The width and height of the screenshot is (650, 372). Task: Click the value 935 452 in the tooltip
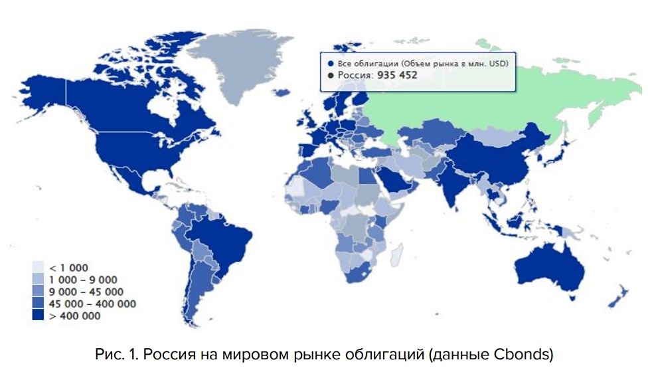pos(397,75)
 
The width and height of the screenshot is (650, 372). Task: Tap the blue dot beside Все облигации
pos(331,63)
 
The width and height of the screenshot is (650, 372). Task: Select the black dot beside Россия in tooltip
pos(331,75)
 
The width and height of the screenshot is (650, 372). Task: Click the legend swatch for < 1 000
pos(39,268)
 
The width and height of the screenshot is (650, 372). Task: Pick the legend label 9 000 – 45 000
pos(87,292)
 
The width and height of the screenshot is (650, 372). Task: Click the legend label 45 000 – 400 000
pos(93,304)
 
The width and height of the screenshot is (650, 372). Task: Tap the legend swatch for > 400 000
pos(39,316)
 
